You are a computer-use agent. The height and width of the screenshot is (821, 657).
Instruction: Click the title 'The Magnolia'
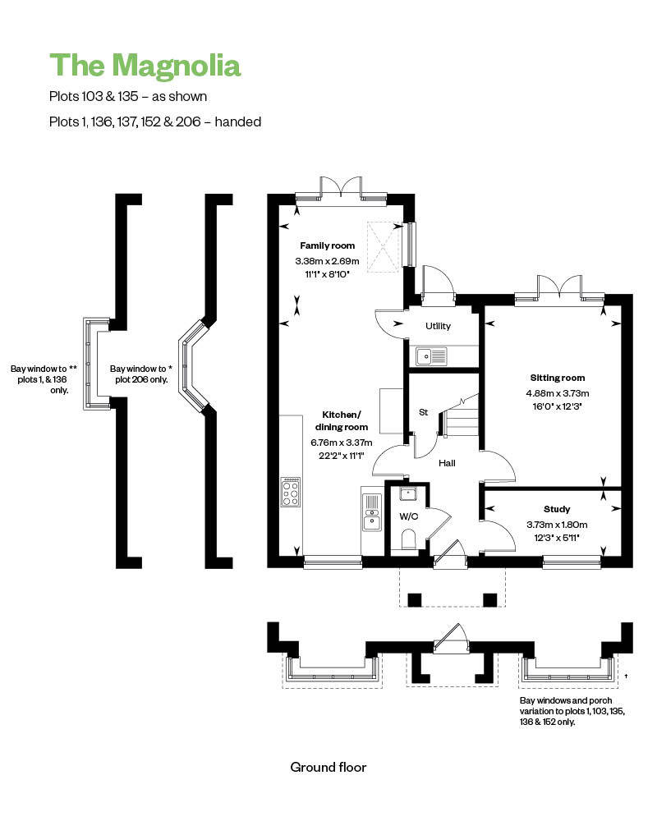(145, 66)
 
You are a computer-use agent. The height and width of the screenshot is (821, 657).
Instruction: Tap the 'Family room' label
(328, 245)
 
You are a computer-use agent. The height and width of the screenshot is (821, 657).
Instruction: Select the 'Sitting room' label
(558, 378)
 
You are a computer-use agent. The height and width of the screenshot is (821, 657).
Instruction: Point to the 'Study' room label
(557, 509)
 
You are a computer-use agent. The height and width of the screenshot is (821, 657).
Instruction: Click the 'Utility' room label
(438, 326)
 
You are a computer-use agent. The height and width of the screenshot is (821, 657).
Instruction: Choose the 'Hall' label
(447, 463)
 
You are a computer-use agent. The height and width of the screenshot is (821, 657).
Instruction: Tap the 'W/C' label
(409, 516)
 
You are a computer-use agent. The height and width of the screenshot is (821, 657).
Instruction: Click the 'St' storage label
(423, 412)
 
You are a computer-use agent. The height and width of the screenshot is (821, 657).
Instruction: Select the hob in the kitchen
(291, 492)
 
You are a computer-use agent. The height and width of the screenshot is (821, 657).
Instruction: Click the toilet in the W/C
(407, 539)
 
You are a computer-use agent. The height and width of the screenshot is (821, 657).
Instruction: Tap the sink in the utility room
(431, 356)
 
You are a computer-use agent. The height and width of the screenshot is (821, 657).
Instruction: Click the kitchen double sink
(372, 512)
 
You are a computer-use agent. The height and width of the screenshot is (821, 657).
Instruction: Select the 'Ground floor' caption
(328, 767)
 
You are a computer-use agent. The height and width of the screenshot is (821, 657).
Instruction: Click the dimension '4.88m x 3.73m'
(558, 393)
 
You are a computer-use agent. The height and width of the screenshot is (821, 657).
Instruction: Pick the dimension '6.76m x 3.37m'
(342, 443)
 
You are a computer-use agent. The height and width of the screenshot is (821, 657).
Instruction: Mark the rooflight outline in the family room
(384, 246)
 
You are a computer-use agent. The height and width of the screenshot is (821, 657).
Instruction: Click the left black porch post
(415, 599)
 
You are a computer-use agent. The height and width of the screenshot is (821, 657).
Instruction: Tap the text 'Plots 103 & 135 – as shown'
(128, 96)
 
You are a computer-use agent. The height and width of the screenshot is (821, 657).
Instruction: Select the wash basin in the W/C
(407, 493)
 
